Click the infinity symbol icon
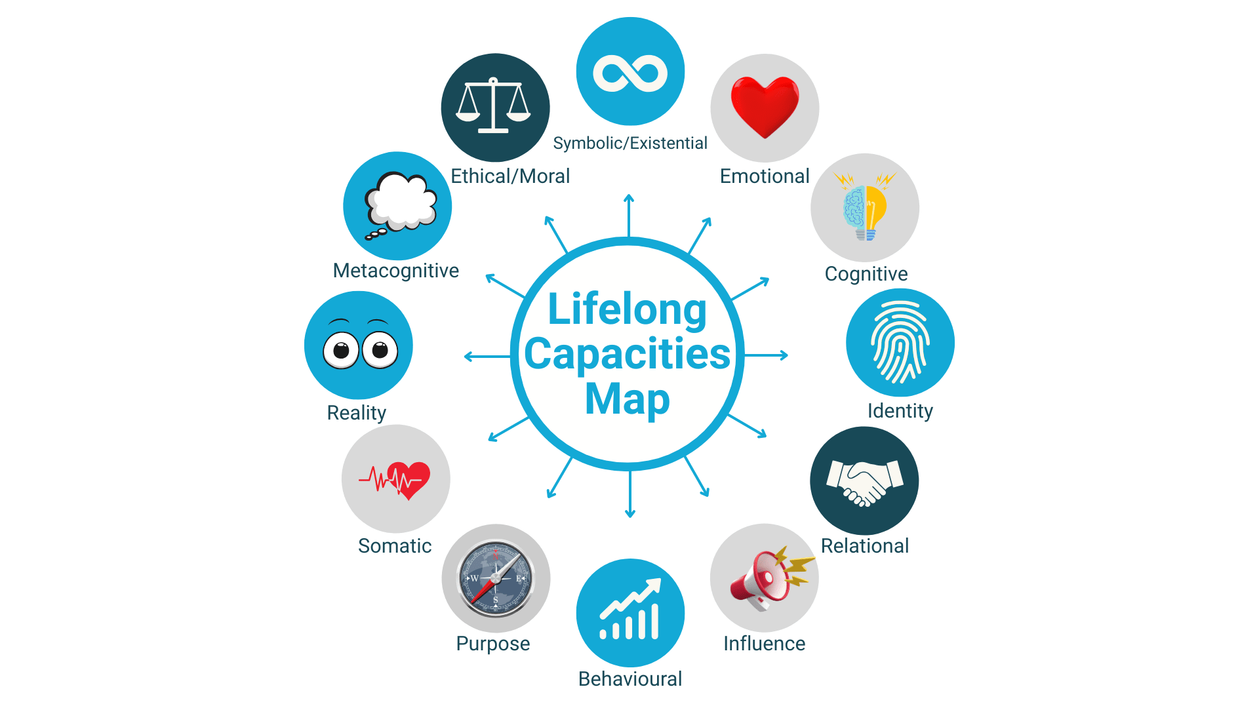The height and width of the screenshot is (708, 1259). (x=630, y=72)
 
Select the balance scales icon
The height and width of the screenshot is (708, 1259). (x=494, y=107)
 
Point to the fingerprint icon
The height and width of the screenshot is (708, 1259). (x=900, y=342)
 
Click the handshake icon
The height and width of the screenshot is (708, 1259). (x=864, y=482)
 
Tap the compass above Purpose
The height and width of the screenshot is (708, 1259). (x=496, y=578)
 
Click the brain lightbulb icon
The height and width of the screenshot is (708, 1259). (x=865, y=208)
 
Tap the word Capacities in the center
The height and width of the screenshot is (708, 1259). (x=628, y=354)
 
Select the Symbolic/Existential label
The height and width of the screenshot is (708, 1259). (x=630, y=143)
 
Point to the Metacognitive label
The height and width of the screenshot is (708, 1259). (x=396, y=270)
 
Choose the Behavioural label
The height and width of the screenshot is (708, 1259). (x=630, y=678)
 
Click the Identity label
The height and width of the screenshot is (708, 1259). (x=900, y=410)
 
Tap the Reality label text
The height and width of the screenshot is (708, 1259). (x=357, y=412)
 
